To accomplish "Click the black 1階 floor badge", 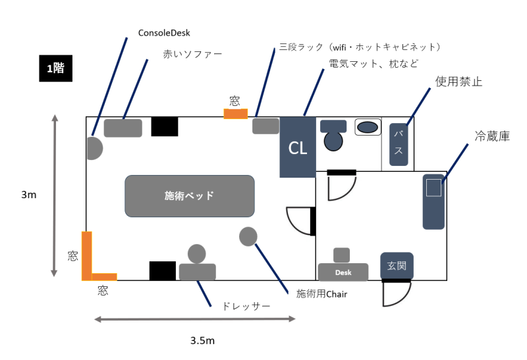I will click(55, 67).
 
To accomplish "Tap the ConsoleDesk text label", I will click(165, 32).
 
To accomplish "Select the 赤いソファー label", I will click(192, 54).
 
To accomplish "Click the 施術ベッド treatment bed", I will click(189, 195).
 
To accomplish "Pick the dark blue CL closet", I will click(298, 147).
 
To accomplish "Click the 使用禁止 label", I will click(458, 82).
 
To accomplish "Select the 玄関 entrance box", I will click(397, 266).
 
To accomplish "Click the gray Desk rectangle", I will click(343, 272).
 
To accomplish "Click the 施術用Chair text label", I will click(321, 294).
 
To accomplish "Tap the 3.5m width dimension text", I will click(202, 340).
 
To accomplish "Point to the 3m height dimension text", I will click(28, 195).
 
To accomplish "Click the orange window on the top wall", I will click(235, 114).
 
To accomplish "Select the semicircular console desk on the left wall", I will click(94, 147).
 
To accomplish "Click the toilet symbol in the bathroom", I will click(334, 136).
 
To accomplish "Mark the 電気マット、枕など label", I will click(374, 63).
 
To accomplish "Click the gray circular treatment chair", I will click(248, 236).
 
